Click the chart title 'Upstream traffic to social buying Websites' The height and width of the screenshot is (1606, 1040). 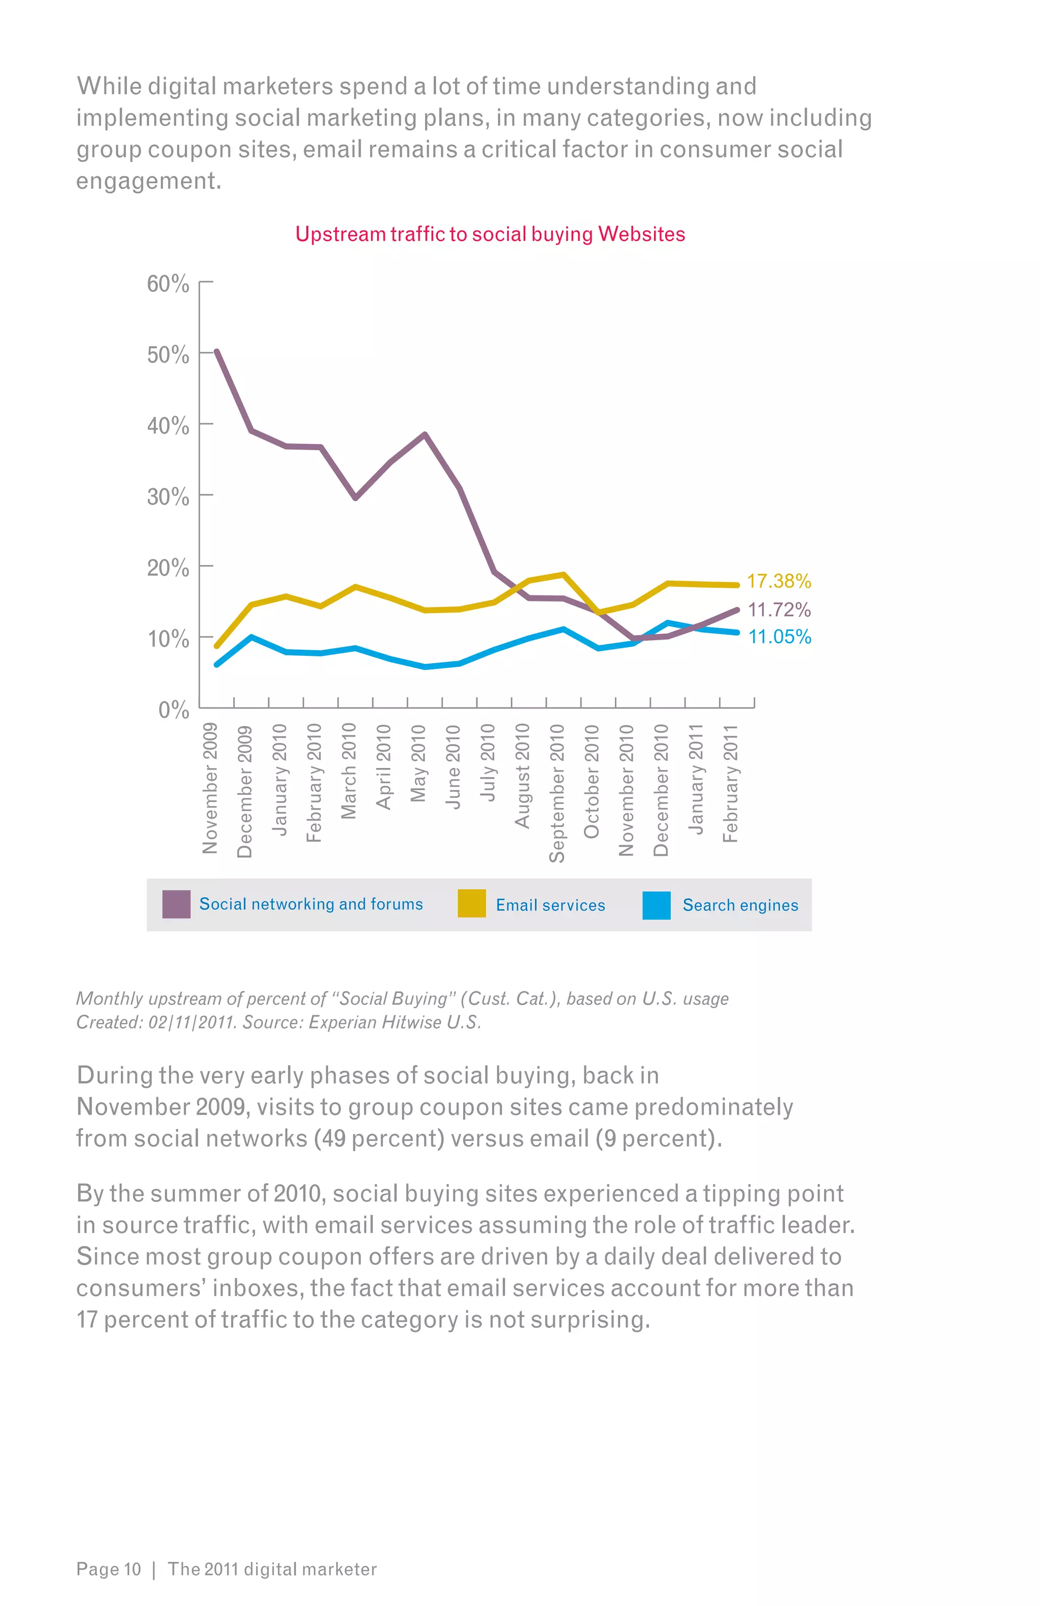click(x=490, y=234)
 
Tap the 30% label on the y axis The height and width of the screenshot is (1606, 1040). click(x=168, y=496)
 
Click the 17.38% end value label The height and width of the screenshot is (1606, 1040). click(x=778, y=581)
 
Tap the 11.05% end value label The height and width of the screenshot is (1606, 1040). click(x=779, y=637)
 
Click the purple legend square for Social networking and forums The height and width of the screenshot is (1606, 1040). click(x=176, y=904)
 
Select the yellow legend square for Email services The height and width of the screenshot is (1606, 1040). click(x=472, y=904)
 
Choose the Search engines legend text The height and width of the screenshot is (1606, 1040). click(x=740, y=905)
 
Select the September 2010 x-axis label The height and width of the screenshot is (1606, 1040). click(x=557, y=792)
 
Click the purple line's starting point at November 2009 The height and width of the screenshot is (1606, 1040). click(x=217, y=352)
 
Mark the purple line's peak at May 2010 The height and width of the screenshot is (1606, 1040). click(x=425, y=434)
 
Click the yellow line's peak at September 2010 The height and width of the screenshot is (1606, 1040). click(x=564, y=574)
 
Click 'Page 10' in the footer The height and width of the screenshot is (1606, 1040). click(x=109, y=1569)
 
